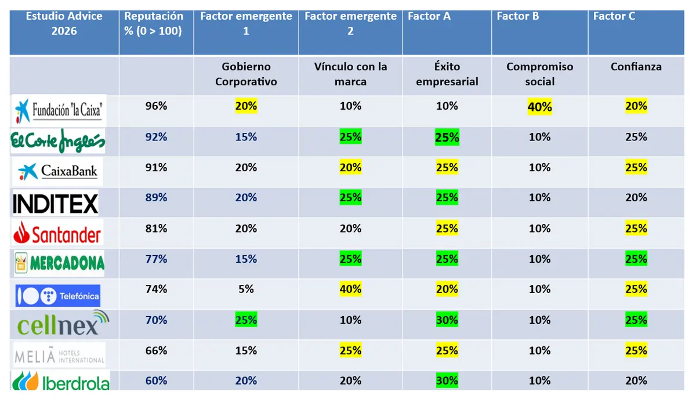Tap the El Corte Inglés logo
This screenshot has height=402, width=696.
click(x=58, y=140)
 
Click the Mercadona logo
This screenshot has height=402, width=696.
click(x=59, y=263)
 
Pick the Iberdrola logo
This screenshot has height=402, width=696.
click(x=60, y=381)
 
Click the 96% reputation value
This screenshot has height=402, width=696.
click(x=156, y=106)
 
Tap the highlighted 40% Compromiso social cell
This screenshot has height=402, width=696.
click(x=539, y=107)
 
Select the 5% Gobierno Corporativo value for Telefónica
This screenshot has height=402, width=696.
click(x=246, y=289)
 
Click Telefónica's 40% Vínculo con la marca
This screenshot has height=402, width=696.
click(x=350, y=289)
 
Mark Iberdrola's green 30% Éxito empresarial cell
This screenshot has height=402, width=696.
click(x=447, y=381)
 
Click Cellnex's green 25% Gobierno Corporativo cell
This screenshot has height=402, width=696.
click(x=246, y=320)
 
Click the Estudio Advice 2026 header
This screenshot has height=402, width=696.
click(x=64, y=23)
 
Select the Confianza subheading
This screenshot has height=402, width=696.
click(x=636, y=67)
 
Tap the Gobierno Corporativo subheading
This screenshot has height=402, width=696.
click(x=246, y=74)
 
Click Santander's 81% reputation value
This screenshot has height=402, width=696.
click(x=156, y=228)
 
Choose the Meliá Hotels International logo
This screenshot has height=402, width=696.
click(x=59, y=354)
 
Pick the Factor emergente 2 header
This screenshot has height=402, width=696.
click(x=350, y=23)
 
